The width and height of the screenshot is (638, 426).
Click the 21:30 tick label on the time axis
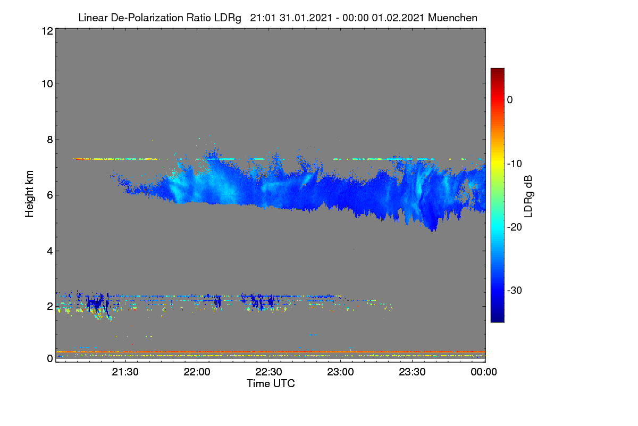pyautogui.click(x=125, y=372)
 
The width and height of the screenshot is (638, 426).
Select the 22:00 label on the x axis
pyautogui.click(x=197, y=372)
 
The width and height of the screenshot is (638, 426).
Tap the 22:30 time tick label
pyautogui.click(x=268, y=372)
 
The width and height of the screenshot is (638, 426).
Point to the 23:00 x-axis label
pyautogui.click(x=340, y=372)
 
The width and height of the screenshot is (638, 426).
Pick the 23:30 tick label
pyautogui.click(x=412, y=372)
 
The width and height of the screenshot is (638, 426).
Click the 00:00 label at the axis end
pyautogui.click(x=484, y=372)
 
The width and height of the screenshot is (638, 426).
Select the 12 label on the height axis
pyautogui.click(x=47, y=31)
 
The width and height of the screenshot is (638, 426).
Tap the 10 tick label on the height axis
pyautogui.click(x=47, y=84)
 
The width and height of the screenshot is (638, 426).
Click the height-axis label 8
pyautogui.click(x=50, y=140)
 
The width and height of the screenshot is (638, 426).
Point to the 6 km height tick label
pyautogui.click(x=50, y=195)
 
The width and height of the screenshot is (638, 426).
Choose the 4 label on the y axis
pyautogui.click(x=50, y=251)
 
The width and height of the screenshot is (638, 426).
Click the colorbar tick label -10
pyautogui.click(x=515, y=164)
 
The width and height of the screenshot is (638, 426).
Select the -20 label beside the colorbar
pyautogui.click(x=515, y=227)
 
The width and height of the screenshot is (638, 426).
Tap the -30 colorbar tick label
pyautogui.click(x=515, y=290)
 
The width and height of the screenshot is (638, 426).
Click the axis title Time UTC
pyautogui.click(x=271, y=383)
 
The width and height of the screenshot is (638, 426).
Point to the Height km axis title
pyautogui.click(x=29, y=194)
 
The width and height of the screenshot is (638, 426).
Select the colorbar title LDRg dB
pyautogui.click(x=528, y=196)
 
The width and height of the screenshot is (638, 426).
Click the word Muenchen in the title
pyautogui.click(x=452, y=18)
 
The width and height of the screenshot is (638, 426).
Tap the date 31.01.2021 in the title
pyautogui.click(x=306, y=18)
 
